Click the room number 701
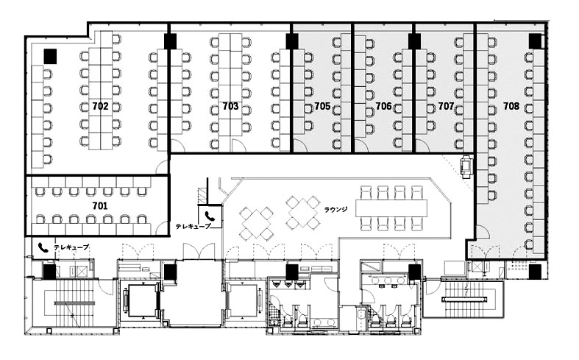pyautogui.click(x=100, y=206)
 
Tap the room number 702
pyautogui.click(x=101, y=107)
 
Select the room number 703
pyautogui.click(x=230, y=107)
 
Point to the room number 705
pyautogui.click(x=322, y=107)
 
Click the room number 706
pyautogui.click(x=383, y=107)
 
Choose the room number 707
pyautogui.click(x=446, y=107)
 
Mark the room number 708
pyautogui.click(x=511, y=107)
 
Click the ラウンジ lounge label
pyautogui.click(x=335, y=210)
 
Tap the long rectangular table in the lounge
pyautogui.click(x=391, y=208)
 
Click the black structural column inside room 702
pyautogui.click(x=50, y=56)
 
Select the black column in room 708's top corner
pyautogui.click(x=535, y=41)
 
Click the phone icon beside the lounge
pyautogui.click(x=210, y=216)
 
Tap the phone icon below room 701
pyautogui.click(x=43, y=247)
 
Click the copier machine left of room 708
pyautogui.click(x=466, y=166)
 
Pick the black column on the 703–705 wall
pyautogui.click(x=292, y=41)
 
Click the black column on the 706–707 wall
pyautogui.click(x=414, y=41)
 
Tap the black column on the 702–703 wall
pyautogui.click(x=170, y=41)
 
